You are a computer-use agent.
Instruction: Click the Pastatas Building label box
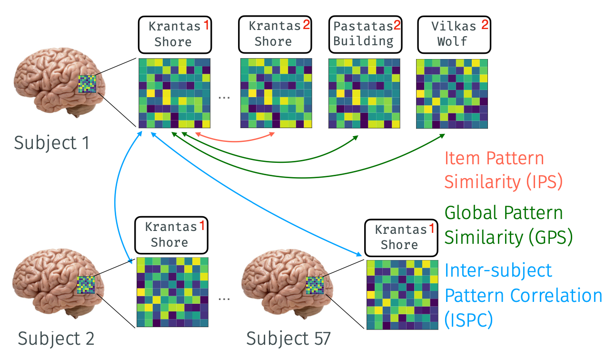(364, 34)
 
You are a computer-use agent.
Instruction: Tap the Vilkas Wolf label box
(454, 34)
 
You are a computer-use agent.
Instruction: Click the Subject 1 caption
(51, 142)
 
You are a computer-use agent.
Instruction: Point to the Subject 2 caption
(56, 338)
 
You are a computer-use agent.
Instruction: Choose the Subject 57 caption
(288, 338)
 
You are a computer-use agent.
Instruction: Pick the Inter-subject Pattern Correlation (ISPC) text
(523, 295)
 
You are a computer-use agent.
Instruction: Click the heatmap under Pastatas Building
(364, 93)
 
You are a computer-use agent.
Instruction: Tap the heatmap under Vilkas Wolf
(452, 93)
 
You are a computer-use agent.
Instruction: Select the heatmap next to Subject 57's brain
(402, 294)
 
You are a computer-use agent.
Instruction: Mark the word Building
(363, 41)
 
